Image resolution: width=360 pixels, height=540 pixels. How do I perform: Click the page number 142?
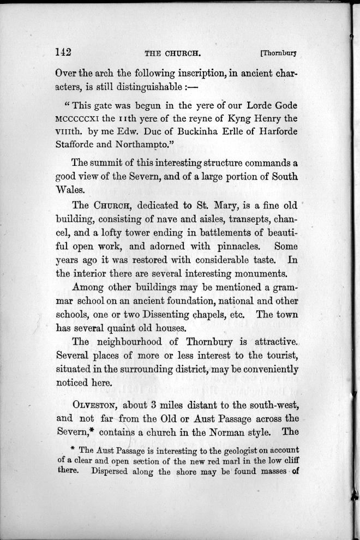[x=64, y=52]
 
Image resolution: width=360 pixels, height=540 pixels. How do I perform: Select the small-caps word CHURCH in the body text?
[x=112, y=207]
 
